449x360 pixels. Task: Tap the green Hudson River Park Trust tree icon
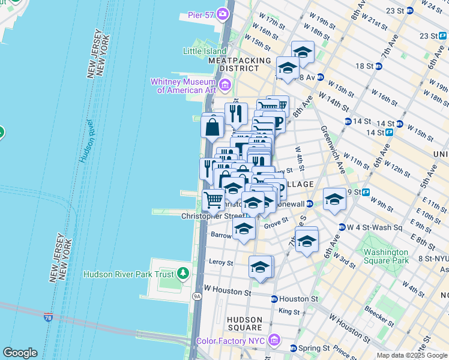(x=182, y=274)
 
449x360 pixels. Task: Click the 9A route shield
(x=197, y=296)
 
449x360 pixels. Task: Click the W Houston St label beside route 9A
(x=228, y=292)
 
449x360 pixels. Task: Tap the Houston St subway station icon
(x=274, y=299)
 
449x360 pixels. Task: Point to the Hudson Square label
(x=245, y=323)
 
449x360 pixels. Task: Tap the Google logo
(x=20, y=353)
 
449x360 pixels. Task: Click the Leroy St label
(x=221, y=262)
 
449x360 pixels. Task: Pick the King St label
(x=289, y=311)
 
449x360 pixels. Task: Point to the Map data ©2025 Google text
(x=411, y=355)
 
